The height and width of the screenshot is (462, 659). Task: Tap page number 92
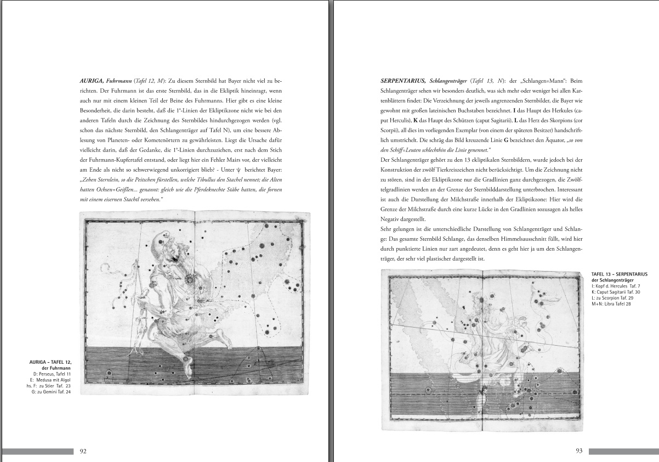tap(83, 451)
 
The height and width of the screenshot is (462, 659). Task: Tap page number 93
tap(578, 451)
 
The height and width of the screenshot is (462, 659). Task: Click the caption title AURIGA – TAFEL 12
tap(50, 363)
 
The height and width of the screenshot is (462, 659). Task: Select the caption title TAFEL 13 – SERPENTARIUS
tap(620, 273)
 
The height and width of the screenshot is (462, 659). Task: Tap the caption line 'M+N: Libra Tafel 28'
tap(612, 304)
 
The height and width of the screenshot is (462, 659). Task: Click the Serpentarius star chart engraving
tap(484, 351)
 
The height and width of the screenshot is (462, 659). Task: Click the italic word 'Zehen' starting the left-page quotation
tap(89, 180)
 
